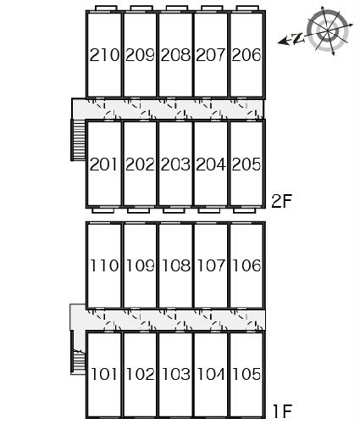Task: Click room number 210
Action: click(x=104, y=55)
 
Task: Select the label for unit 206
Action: click(x=246, y=55)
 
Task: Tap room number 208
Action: click(x=175, y=55)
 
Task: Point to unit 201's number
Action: click(x=103, y=165)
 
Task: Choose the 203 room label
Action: click(x=175, y=165)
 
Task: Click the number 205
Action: click(x=246, y=165)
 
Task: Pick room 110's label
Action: click(x=104, y=265)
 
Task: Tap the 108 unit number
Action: click(x=176, y=265)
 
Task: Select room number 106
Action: click(x=246, y=265)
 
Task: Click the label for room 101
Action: click(x=104, y=374)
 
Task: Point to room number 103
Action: click(x=176, y=374)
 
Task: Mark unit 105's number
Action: click(x=246, y=374)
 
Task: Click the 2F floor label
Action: click(x=281, y=201)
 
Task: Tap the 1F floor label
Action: click(x=282, y=411)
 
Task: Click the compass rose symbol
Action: click(x=329, y=31)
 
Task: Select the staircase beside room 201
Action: click(x=78, y=140)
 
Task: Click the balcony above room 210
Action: click(x=106, y=8)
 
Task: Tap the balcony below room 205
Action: click(x=245, y=210)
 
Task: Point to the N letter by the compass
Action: click(x=298, y=38)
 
